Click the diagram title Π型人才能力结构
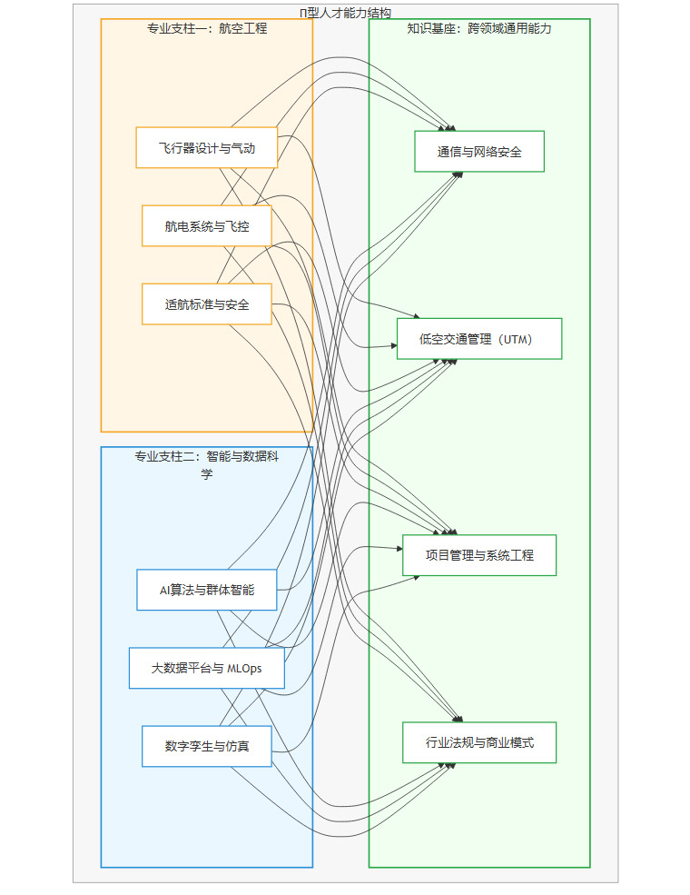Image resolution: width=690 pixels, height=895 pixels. point(345,12)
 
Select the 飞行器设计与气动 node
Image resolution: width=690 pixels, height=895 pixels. point(206,148)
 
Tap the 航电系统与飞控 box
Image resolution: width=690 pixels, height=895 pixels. point(206,226)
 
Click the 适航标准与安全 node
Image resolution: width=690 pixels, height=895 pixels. point(206,304)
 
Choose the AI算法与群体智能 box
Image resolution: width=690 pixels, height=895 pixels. point(206,590)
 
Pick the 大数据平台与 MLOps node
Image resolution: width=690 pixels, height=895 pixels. point(206,668)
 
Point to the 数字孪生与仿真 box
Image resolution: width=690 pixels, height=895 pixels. point(206,746)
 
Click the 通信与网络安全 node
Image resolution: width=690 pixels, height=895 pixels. point(479,152)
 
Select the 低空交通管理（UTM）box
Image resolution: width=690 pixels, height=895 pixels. point(479,339)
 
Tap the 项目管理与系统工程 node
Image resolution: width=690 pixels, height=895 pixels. point(479,555)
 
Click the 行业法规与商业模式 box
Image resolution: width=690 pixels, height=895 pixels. point(479,742)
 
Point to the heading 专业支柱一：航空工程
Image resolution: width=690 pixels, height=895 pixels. point(207,28)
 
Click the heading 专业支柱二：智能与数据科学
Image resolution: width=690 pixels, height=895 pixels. point(207,464)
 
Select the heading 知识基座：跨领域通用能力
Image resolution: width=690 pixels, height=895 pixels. point(479,28)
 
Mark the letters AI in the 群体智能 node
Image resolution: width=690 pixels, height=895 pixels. point(165,590)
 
